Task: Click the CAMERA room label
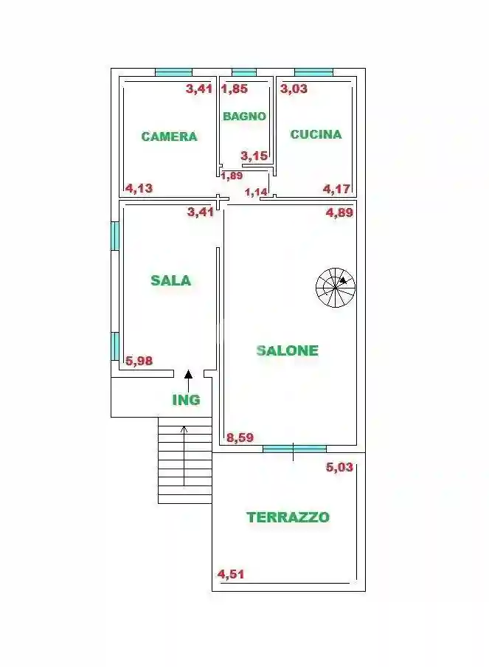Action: point(169,136)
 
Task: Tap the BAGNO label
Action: point(244,116)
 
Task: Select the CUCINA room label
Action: point(316,134)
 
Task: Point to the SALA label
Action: point(170,280)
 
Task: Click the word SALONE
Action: point(287,350)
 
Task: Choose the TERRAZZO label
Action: point(288,517)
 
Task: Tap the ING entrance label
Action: point(186,400)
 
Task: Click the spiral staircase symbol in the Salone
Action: point(336,288)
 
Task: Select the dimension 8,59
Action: point(240,438)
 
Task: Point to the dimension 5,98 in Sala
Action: point(139,361)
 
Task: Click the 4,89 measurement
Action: point(340,212)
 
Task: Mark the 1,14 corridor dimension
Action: point(256,193)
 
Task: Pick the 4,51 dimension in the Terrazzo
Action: point(231,574)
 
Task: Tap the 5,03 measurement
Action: point(340,466)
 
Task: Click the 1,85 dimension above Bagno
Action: point(235,89)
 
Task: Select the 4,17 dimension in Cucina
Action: point(336,189)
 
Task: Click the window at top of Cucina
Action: point(313,72)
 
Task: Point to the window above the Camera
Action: point(173,72)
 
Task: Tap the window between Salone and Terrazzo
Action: point(294,448)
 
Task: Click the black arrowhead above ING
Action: point(188,374)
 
